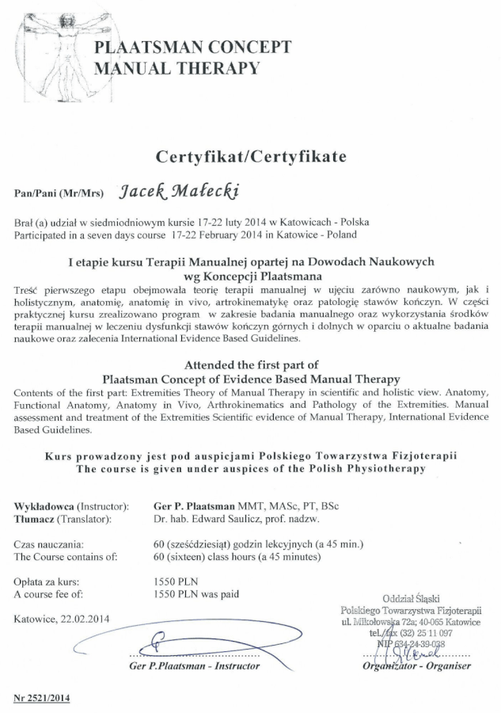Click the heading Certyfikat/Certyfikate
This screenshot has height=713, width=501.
pos(250,157)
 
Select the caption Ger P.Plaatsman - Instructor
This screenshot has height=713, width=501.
pos(195,665)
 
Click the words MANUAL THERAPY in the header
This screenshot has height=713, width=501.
pos(176,68)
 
